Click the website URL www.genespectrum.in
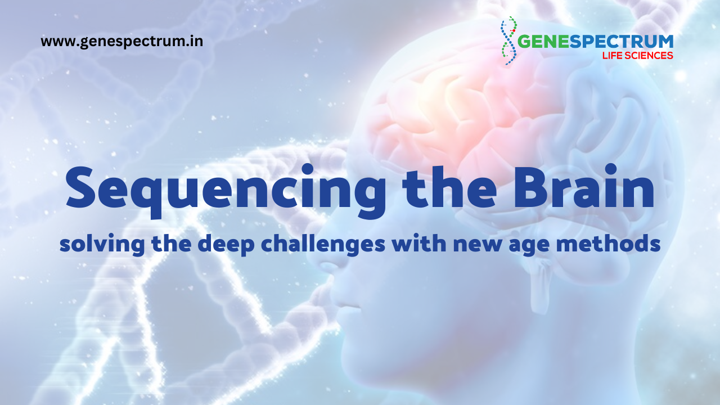pyautogui.click(x=121, y=42)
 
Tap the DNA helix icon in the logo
pyautogui.click(x=510, y=40)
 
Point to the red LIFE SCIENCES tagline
pyautogui.click(x=637, y=56)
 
